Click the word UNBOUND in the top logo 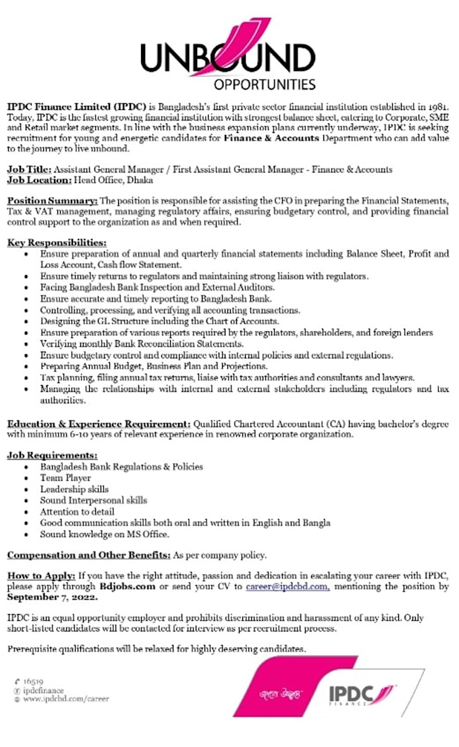pyautogui.click(x=227, y=58)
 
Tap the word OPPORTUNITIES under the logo pyautogui.click(x=265, y=85)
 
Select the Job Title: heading pyautogui.click(x=29, y=169)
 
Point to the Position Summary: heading pyautogui.click(x=52, y=201)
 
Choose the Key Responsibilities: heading pyautogui.click(x=57, y=242)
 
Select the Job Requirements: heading pyautogui.click(x=52, y=455)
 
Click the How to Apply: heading pyautogui.click(x=41, y=576)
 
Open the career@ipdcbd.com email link pyautogui.click(x=288, y=587)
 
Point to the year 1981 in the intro pyautogui.click(x=437, y=107)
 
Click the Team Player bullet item pyautogui.click(x=65, y=478)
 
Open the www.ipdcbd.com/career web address pyautogui.click(x=65, y=699)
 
